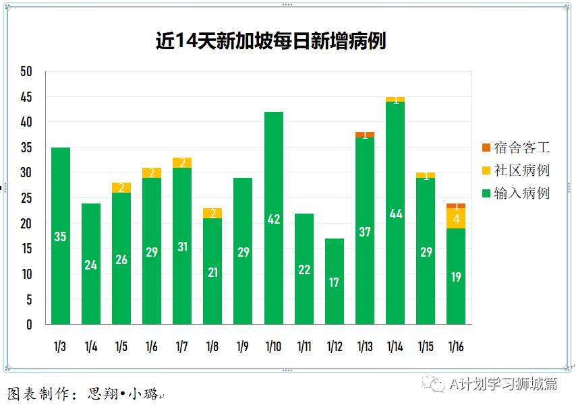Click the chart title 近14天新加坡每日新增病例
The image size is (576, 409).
coord(270,41)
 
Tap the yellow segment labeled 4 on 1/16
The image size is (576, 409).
coord(456,218)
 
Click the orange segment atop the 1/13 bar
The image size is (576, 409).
coord(365,135)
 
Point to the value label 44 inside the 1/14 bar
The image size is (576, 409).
coord(395,214)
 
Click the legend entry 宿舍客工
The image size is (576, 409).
coord(516,148)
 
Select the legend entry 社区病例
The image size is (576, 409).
coord(516,170)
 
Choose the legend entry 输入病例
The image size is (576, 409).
coord(516,193)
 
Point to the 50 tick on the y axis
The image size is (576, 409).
coord(26,72)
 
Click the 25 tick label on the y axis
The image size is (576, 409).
coord(26,198)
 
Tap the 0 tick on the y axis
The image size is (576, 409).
coord(29,325)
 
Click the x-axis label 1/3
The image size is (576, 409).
coord(60,347)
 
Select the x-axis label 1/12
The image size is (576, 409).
coord(335,347)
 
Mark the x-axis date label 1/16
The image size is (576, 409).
coord(456,347)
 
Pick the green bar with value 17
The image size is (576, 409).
coord(335,282)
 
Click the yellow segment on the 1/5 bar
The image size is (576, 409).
coord(121,187)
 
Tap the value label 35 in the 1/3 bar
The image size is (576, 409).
coord(60,237)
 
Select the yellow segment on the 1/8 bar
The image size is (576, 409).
coord(212,213)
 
